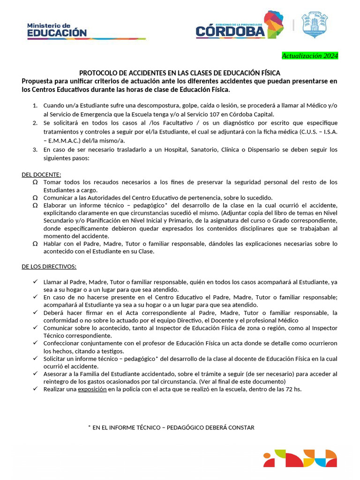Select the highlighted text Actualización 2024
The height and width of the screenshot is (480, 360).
(x=309, y=56)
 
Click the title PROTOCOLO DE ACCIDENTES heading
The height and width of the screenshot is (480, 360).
(x=180, y=73)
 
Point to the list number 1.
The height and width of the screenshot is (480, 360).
(x=35, y=105)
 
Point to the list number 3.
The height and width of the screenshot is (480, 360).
(x=35, y=150)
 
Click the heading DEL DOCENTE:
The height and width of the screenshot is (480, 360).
(x=41, y=174)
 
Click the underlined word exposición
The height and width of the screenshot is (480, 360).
(x=92, y=389)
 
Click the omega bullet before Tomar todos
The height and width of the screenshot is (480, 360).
(x=35, y=182)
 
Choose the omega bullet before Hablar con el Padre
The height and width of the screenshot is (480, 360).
(x=35, y=244)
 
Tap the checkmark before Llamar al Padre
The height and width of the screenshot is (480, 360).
(x=35, y=282)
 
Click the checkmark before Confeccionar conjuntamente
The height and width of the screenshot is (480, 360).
(x=35, y=343)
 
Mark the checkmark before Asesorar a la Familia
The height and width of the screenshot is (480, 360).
(x=35, y=374)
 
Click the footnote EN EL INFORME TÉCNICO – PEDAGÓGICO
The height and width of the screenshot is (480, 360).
(x=171, y=427)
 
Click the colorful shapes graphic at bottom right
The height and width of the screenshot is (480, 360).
(x=300, y=458)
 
